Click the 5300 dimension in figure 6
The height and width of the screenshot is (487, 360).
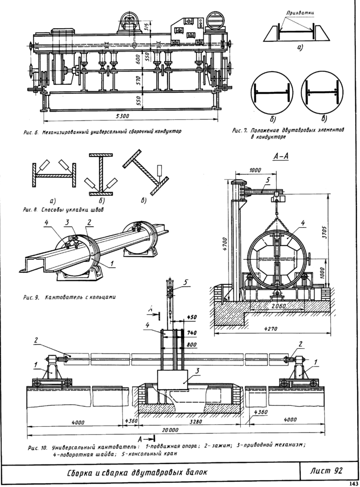(x=122, y=116)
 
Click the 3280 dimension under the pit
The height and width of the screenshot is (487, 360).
(x=196, y=422)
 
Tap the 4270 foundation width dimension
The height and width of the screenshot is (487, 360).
(x=272, y=328)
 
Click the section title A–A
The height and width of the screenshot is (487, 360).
(x=280, y=157)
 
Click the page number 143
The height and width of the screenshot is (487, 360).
(x=354, y=483)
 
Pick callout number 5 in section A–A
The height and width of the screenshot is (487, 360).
(x=268, y=180)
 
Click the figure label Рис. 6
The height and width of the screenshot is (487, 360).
(x=30, y=131)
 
